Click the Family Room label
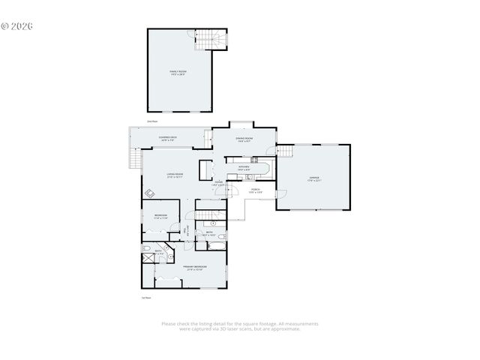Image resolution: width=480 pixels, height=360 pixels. tap(178, 73)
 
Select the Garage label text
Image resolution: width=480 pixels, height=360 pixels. tap(313, 179)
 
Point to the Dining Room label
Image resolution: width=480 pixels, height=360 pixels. tap(244, 139)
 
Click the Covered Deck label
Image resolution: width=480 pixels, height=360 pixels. tap(167, 139)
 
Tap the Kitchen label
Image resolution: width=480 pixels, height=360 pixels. tap(244, 168)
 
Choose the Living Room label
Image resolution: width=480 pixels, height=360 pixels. tap(175, 175)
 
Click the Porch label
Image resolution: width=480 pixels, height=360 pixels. tap(255, 190)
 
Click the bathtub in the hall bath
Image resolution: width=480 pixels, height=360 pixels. tap(216, 245)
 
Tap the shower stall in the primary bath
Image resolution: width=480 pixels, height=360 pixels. tap(148, 259)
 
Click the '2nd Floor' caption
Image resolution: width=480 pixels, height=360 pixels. tap(151, 121)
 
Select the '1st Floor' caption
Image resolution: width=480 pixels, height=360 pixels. tap(147, 298)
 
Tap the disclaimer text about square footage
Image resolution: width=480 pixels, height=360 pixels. tap(239, 326)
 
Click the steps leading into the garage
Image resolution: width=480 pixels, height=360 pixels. tap(285, 151)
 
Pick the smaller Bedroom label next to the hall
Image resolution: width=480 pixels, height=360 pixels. tap(161, 216)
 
